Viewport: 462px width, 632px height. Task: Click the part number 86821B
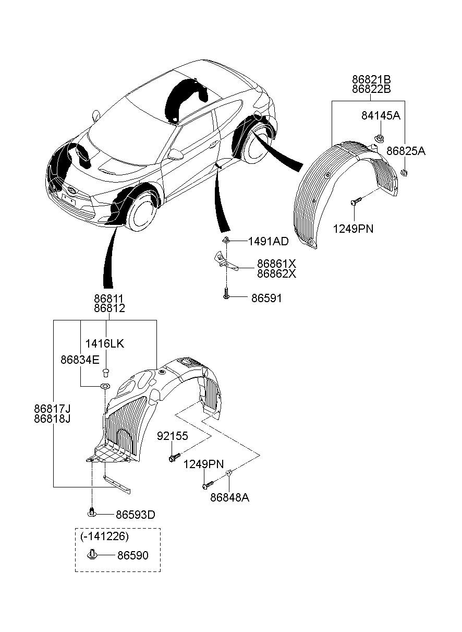pyautogui.click(x=371, y=80)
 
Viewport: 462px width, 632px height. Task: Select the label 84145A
pyautogui.click(x=380, y=115)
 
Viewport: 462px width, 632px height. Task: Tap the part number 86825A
pyautogui.click(x=406, y=151)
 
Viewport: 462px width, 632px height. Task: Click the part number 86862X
pyautogui.click(x=276, y=274)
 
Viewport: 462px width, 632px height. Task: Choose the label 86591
pyautogui.click(x=266, y=299)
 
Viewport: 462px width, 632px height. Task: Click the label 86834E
pyautogui.click(x=80, y=360)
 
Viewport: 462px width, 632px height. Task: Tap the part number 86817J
pyautogui.click(x=53, y=409)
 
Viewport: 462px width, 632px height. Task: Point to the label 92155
pyautogui.click(x=173, y=436)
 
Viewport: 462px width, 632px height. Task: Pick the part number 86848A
pyautogui.click(x=229, y=498)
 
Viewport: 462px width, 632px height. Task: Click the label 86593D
pyautogui.click(x=135, y=515)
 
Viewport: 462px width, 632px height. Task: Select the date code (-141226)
pyautogui.click(x=104, y=536)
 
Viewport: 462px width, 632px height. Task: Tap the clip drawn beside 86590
pyautogui.click(x=92, y=554)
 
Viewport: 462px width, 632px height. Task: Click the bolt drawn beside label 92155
pyautogui.click(x=174, y=457)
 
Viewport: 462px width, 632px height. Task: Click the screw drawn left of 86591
pyautogui.click(x=226, y=294)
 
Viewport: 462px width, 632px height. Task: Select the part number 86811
pyautogui.click(x=109, y=299)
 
